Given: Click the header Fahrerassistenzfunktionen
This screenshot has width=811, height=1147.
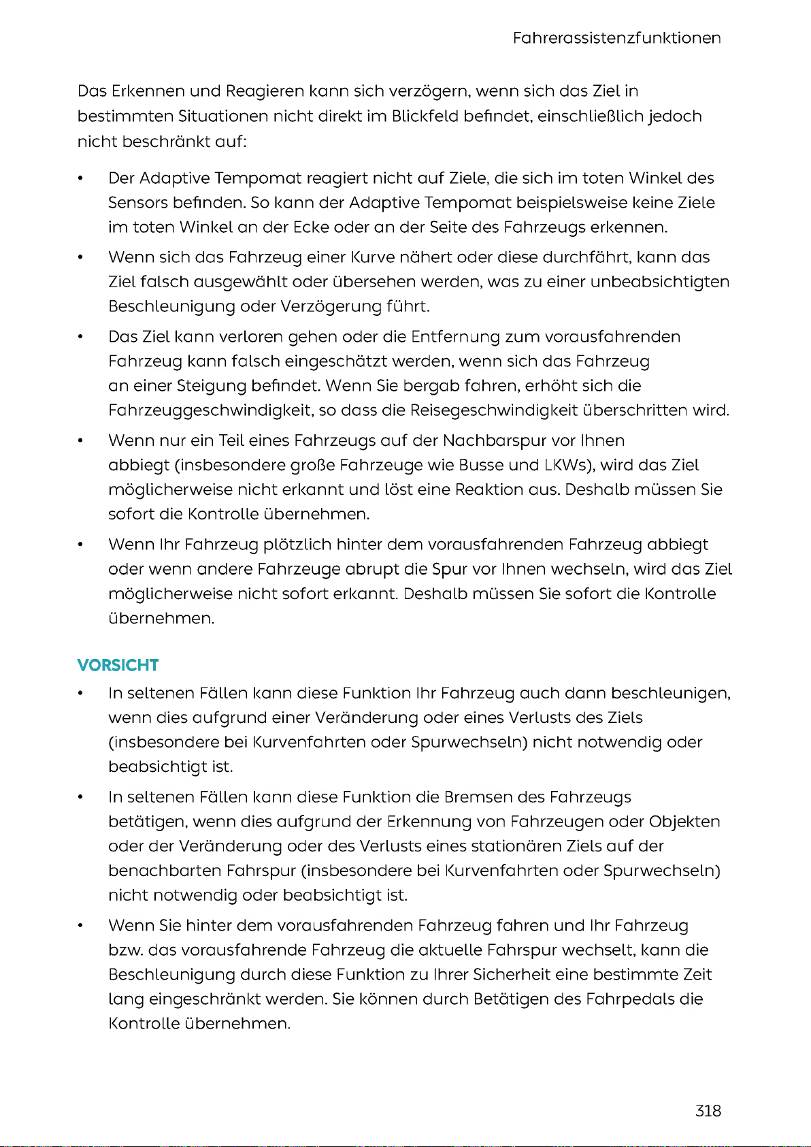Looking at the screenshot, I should tap(616, 38).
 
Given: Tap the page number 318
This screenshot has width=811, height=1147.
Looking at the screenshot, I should tap(708, 1110).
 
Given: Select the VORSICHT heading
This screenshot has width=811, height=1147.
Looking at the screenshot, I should tap(118, 665).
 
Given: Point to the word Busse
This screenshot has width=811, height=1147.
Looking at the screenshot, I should tap(481, 465).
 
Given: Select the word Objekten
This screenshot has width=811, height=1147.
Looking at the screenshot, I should tap(684, 822).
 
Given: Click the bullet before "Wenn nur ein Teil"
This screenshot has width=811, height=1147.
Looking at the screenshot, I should tap(80, 441).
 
